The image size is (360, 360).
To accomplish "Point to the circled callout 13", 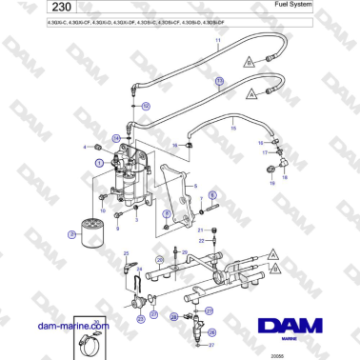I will coord(219,83).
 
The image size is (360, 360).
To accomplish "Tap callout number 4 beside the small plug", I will coord(85,147).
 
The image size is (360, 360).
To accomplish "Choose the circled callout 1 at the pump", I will coord(98,163).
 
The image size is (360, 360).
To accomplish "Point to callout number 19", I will coord(271,164).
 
